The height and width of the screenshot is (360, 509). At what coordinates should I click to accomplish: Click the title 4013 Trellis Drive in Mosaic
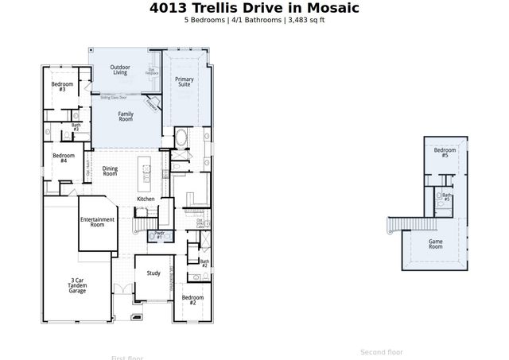click(254, 9)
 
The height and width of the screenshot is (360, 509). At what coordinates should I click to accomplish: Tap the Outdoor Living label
click(120, 70)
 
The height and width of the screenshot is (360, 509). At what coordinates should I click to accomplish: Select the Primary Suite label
click(185, 83)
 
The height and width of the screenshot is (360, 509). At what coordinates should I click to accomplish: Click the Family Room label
click(126, 117)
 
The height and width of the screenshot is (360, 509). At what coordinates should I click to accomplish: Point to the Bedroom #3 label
click(63, 87)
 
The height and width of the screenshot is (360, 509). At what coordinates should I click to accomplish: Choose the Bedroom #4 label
click(64, 158)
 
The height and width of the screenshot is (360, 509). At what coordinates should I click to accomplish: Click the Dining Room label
click(110, 170)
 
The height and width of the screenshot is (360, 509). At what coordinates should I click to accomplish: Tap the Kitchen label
click(146, 199)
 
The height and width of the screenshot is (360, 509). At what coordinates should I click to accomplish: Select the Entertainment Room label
click(97, 222)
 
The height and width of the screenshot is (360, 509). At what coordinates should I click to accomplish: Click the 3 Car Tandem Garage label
click(77, 285)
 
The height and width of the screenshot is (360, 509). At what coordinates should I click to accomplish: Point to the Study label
click(153, 273)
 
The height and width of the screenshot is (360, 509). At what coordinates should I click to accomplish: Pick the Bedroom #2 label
click(192, 300)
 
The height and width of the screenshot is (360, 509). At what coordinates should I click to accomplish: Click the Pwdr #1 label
click(159, 235)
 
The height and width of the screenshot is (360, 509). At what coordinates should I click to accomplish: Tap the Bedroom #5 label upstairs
click(445, 153)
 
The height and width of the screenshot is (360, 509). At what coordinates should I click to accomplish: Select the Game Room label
click(436, 244)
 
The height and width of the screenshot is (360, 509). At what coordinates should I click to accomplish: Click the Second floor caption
click(382, 352)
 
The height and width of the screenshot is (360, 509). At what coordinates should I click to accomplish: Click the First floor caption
click(127, 357)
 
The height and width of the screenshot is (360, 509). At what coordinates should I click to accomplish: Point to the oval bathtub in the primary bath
click(180, 137)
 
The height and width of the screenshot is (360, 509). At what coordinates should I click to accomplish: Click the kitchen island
click(146, 169)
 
